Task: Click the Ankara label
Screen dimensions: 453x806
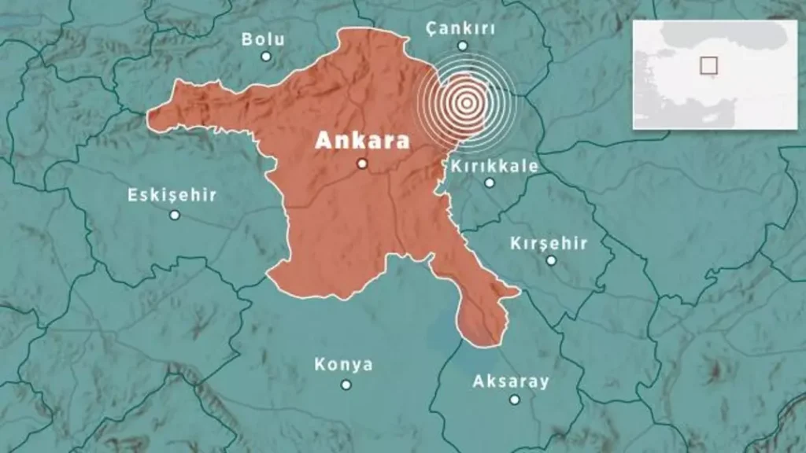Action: pos(362,142)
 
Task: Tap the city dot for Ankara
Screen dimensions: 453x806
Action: pos(362,164)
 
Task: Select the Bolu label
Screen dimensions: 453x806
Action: pos(263,39)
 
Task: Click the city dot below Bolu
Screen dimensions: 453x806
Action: pos(266,57)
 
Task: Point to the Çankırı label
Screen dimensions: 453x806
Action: pos(460,28)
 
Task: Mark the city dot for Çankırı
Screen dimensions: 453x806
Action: pos(463,46)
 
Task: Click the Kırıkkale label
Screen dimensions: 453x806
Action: pos(494,166)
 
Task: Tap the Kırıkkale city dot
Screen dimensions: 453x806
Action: pos(490,182)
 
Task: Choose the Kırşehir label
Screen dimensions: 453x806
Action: pos(549,243)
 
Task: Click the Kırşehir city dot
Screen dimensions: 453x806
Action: pos(551,260)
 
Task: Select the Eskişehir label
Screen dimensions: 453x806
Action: pos(172,195)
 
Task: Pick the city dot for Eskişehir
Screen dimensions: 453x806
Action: pos(175,215)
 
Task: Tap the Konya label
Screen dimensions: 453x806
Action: pos(343,365)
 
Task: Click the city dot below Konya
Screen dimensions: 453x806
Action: pos(346,385)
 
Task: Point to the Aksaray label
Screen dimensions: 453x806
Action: pos(511,382)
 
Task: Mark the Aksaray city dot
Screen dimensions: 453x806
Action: pos(514,400)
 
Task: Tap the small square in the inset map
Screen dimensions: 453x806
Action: pos(709,65)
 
